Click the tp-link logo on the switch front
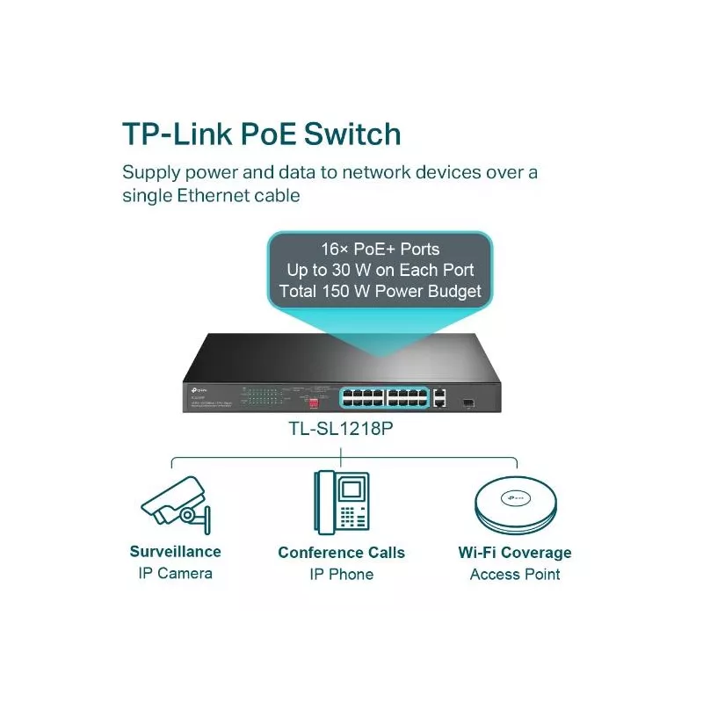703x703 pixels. tap(195, 388)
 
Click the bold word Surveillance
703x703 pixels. tap(175, 552)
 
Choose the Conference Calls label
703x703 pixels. tap(341, 553)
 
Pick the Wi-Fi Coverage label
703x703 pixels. tap(514, 553)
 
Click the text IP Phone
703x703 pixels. tap(341, 575)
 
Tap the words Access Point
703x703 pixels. tap(514, 575)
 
